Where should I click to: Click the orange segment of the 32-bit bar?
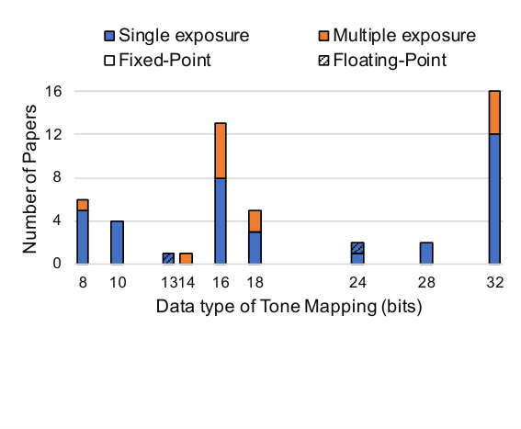coord(494,112)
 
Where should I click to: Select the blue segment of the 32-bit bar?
coord(494,199)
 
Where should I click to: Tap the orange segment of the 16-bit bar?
coord(221,151)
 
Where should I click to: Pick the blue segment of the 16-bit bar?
coord(221,221)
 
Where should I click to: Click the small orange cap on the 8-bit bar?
coord(83,205)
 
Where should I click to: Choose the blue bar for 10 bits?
coord(117,243)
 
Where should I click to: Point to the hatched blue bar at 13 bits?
coord(168,258)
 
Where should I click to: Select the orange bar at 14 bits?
coord(186,258)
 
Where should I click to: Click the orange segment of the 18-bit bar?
coord(255,221)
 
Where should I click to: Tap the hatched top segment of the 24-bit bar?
coord(357,248)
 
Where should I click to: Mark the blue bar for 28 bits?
coord(426,254)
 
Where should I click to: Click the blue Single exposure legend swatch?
coord(109,36)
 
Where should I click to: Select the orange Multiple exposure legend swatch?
coord(323,36)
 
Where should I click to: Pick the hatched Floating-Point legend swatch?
coord(323,61)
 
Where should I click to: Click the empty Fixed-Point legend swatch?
coord(109,61)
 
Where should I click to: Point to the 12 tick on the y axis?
coord(53,134)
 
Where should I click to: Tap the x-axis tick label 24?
coord(357,282)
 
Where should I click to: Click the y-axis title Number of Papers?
coord(29,179)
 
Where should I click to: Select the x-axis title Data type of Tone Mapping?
coord(266,307)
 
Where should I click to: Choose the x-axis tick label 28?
coord(426,282)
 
